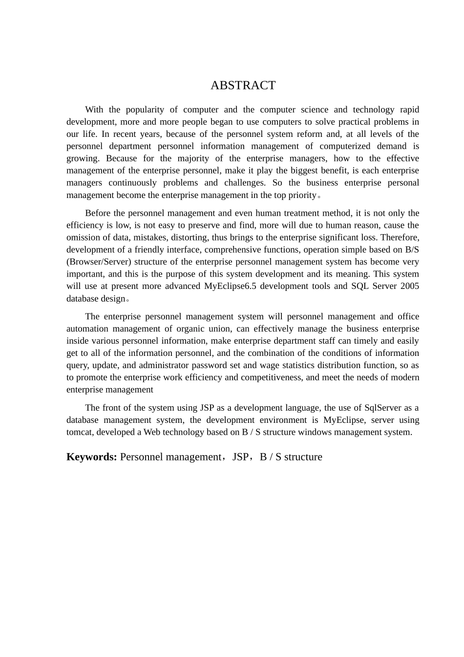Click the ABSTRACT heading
click(x=243, y=86)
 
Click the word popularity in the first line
click(x=145, y=109)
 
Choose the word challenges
click(x=244, y=183)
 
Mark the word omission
click(x=84, y=238)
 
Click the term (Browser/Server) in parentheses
click(x=99, y=262)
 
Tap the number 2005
click(x=409, y=286)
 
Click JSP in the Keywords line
click(x=240, y=457)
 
